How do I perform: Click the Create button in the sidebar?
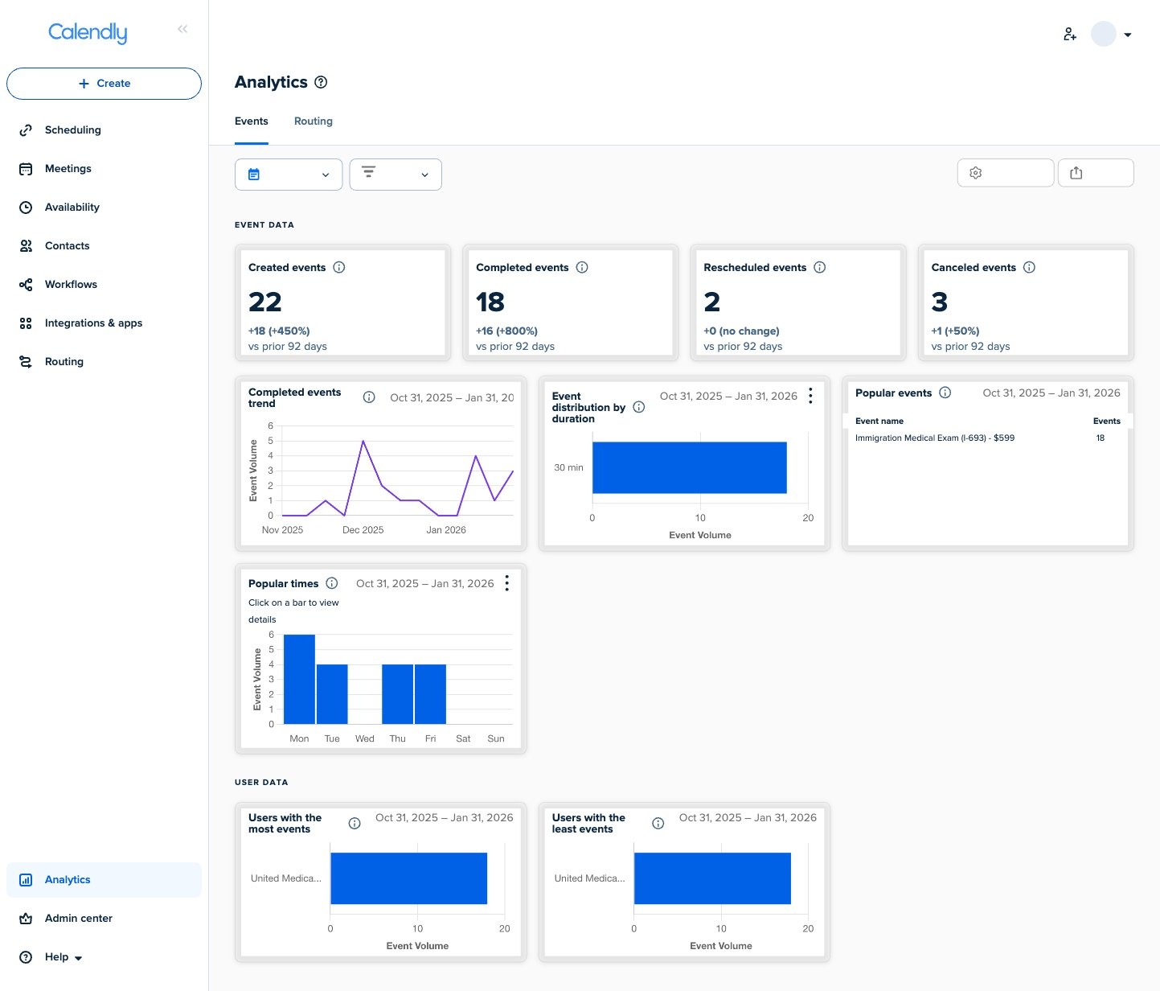[104, 84]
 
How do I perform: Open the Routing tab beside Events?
[313, 121]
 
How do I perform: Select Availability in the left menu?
[72, 208]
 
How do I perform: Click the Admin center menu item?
[78, 919]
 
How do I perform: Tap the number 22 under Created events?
[265, 302]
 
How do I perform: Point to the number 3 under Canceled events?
[939, 302]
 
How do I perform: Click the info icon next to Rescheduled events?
[819, 268]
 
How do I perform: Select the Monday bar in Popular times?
[299, 680]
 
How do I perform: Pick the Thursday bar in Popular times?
[397, 694]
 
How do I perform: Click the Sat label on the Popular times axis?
[463, 738]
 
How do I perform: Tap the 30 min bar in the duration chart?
[689, 467]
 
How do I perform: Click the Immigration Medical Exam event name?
[934, 438]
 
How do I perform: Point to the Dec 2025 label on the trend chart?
[363, 530]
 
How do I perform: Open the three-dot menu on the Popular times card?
[506, 583]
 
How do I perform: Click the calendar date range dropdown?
[289, 175]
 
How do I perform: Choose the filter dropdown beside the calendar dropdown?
[396, 175]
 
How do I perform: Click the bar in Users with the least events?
[712, 878]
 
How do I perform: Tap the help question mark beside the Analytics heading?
[321, 82]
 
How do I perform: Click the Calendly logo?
[88, 32]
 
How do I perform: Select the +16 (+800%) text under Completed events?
[506, 331]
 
